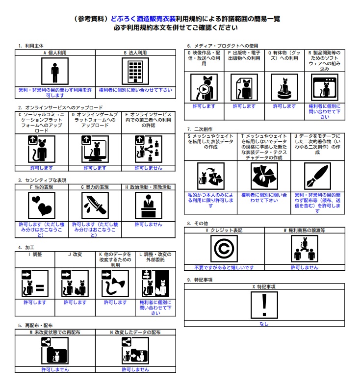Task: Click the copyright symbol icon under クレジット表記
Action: (224, 249)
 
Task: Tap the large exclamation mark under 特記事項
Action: (264, 304)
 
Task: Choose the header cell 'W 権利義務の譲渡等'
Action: (305, 230)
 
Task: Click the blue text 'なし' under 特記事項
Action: (264, 324)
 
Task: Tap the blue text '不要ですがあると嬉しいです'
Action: (224, 267)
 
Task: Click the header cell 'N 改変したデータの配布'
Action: (135, 332)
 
